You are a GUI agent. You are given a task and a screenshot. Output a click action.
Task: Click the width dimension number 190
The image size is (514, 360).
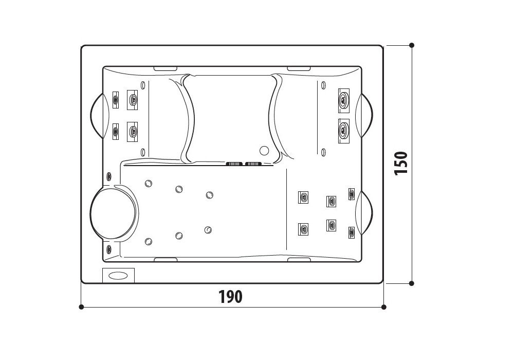pos(230,297)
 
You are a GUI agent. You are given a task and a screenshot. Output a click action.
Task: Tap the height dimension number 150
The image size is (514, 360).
pos(401,163)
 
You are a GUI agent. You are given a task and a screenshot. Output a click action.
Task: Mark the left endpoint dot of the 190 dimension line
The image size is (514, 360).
pos(81,307)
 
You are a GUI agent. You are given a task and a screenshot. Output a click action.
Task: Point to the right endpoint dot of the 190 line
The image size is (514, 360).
pos(384,307)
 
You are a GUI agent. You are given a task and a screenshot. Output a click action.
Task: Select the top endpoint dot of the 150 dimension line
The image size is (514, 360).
pos(412,45)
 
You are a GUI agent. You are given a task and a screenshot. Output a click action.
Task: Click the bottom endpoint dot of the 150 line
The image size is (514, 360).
pos(412,283)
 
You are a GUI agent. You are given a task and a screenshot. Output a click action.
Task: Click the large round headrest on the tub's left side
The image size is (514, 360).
pos(113,212)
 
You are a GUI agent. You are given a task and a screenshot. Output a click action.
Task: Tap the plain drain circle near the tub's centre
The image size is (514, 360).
pos(264,151)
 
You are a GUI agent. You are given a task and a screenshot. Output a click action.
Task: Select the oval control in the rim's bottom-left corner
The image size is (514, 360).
pos(118,276)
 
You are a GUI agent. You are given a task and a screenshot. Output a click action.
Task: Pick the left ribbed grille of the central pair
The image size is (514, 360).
pos(234,164)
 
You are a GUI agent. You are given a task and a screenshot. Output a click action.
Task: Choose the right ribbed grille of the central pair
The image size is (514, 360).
pos(253,164)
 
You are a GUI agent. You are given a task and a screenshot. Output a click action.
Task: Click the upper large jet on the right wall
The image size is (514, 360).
pos(344,100)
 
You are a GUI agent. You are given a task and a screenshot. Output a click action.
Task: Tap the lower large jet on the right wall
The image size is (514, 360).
pos(344,131)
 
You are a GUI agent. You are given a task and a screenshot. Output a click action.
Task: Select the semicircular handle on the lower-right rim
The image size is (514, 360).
pos(364,212)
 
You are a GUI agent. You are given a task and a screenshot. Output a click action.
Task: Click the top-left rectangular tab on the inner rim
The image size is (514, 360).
pos(166,68)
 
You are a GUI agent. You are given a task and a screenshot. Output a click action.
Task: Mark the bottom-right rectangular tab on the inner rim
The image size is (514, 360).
pos(299,260)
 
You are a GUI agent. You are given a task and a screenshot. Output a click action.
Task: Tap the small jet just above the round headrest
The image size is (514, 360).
pos(109,176)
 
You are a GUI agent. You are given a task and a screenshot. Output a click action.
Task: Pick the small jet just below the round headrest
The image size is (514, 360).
pos(109,248)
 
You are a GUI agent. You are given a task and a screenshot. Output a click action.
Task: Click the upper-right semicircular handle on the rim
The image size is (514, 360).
pos(364,115)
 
